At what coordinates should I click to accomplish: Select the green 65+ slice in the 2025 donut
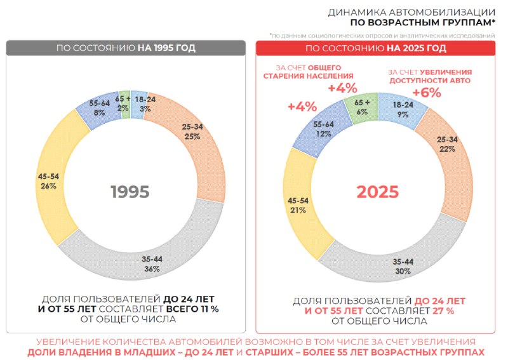(361, 107)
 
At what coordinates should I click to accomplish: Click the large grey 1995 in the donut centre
(130, 192)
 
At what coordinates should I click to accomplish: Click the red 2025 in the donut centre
(378, 192)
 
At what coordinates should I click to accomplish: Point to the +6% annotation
(427, 93)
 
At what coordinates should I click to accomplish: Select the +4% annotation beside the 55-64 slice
(302, 106)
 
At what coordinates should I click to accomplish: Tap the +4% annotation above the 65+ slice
(342, 88)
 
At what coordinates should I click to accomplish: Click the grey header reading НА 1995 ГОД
(126, 48)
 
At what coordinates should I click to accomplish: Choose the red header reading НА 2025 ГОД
(375, 48)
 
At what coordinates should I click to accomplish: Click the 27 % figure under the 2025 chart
(443, 310)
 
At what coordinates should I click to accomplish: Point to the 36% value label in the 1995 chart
(152, 269)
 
